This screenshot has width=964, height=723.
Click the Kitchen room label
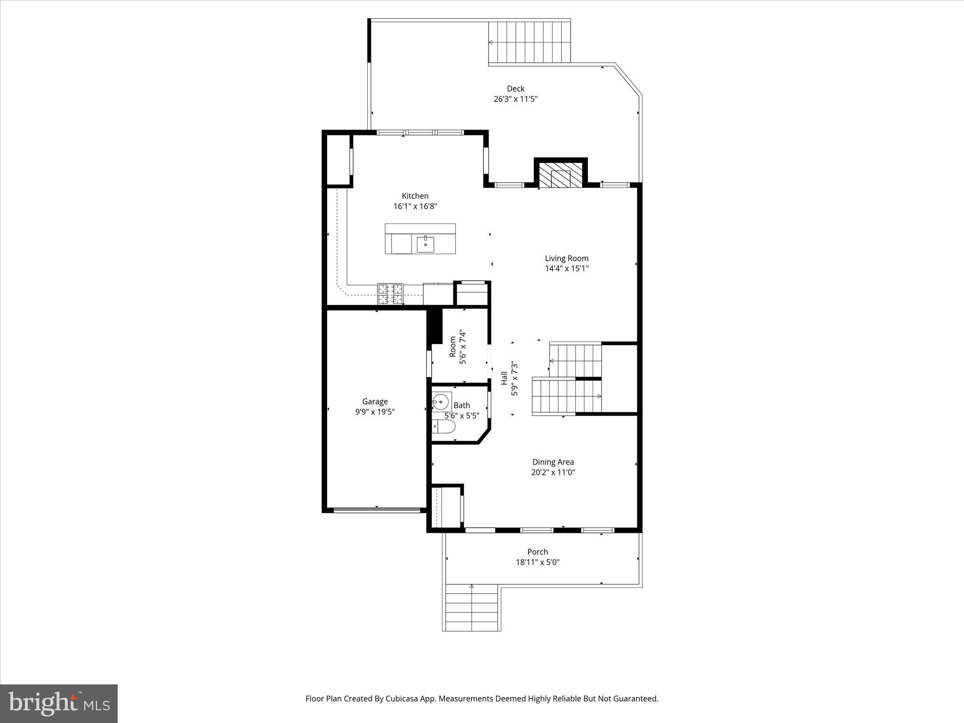[x=415, y=196]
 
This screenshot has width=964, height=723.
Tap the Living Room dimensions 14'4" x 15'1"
[x=567, y=269]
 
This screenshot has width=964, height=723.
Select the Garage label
[x=375, y=402]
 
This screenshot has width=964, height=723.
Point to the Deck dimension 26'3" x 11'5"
[x=515, y=99]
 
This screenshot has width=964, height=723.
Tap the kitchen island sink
[x=425, y=244]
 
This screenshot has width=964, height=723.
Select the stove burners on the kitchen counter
[x=391, y=294]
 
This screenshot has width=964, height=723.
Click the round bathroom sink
[x=442, y=402]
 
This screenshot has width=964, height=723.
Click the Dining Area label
[x=553, y=462]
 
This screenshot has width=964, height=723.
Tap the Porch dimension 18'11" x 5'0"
[x=538, y=562]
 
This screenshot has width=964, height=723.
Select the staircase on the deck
[x=530, y=42]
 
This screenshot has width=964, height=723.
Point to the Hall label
[x=504, y=378]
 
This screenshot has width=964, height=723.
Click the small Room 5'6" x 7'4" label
[x=453, y=346]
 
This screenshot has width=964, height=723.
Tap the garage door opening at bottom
[x=377, y=509]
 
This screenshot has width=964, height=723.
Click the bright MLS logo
[x=59, y=704]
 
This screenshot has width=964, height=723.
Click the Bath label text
[x=462, y=405]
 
